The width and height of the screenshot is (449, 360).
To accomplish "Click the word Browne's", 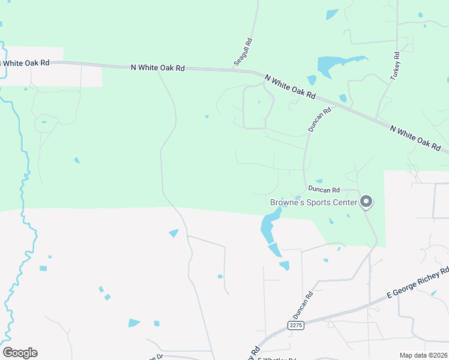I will (x=287, y=202).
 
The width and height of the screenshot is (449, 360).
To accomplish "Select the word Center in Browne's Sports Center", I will (x=345, y=202).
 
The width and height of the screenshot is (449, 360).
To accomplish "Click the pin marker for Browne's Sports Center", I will (x=366, y=202).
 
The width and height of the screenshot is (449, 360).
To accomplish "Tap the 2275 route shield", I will (x=295, y=325).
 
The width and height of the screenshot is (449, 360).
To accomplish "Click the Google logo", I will (x=20, y=353).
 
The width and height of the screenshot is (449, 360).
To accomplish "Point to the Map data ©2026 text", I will (x=423, y=355).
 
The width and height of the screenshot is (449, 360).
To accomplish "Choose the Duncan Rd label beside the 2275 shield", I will (x=303, y=305).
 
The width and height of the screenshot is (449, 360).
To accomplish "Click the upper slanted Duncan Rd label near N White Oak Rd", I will (x=320, y=119).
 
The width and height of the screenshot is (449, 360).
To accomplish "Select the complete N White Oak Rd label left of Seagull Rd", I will (x=157, y=68).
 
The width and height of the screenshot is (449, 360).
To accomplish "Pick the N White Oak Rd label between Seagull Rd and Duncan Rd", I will (x=290, y=88).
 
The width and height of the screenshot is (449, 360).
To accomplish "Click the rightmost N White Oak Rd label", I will (x=415, y=137).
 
